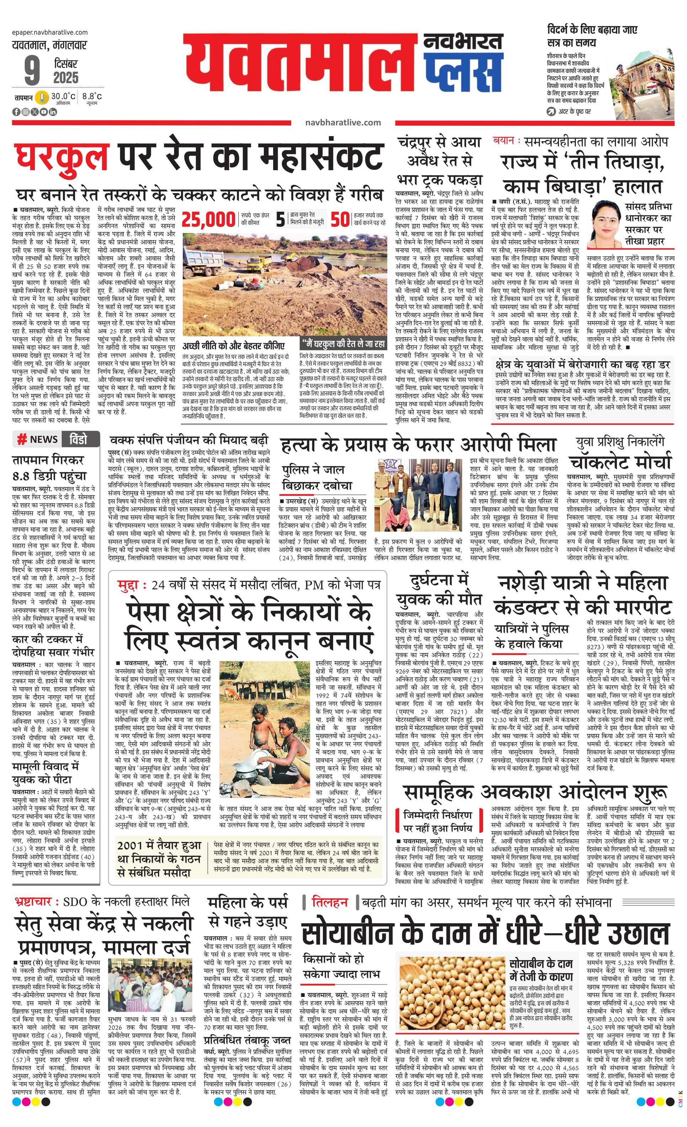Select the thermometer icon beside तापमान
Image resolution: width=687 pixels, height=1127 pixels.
coord(42,97)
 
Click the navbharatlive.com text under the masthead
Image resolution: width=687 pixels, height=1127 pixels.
coord(343,122)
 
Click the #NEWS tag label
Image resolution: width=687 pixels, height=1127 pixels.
coord(38,439)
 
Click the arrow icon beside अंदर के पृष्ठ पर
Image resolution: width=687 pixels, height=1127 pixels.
coord(552,111)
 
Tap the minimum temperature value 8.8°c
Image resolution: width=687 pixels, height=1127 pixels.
coord(92,97)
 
